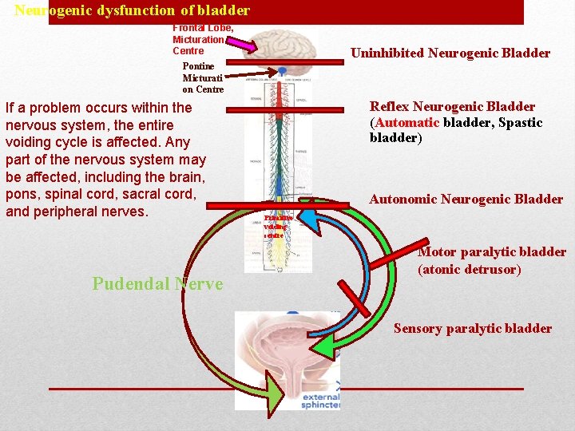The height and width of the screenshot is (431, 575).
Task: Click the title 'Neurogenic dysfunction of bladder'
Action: (x=133, y=11)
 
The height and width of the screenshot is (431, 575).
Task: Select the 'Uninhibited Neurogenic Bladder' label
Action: (x=450, y=53)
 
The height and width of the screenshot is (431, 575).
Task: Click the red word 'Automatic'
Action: (x=406, y=122)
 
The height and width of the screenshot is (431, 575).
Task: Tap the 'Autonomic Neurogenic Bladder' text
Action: (x=466, y=200)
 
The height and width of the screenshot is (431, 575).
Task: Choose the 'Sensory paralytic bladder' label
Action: (x=472, y=328)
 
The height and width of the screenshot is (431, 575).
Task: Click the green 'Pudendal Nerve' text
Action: (x=157, y=283)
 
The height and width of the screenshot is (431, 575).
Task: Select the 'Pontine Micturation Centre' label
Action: (x=203, y=78)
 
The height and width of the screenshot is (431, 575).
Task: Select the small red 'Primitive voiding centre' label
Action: (x=278, y=226)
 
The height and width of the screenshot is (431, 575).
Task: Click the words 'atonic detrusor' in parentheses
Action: (x=470, y=270)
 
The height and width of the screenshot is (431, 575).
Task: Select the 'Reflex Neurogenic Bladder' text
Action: (x=452, y=107)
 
